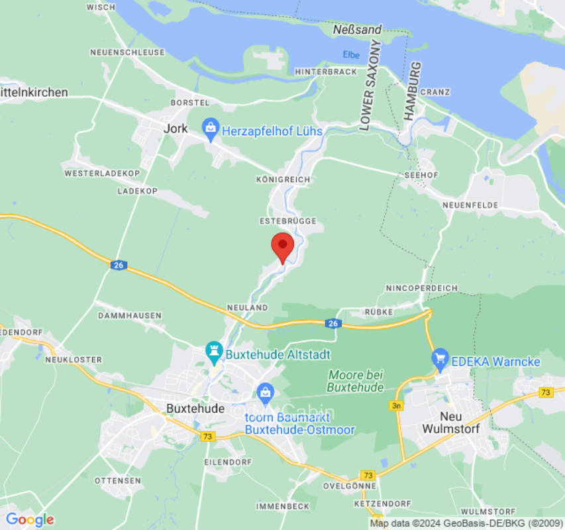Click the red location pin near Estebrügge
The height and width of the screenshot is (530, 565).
pyautogui.click(x=283, y=246)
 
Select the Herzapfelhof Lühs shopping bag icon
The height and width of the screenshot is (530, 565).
pyautogui.click(x=211, y=130)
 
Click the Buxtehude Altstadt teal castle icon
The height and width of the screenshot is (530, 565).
pyautogui.click(x=214, y=353)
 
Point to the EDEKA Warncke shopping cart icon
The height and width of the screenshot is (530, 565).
pyautogui.click(x=440, y=361)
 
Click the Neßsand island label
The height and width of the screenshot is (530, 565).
pyautogui.click(x=358, y=29)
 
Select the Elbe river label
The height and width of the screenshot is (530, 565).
pyautogui.click(x=351, y=54)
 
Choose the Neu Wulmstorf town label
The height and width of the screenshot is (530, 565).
pyautogui.click(x=450, y=422)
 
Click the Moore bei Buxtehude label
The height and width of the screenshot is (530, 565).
pyautogui.click(x=356, y=381)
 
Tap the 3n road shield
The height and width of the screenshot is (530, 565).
pyautogui.click(x=397, y=405)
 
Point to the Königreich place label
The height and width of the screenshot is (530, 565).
pyautogui.click(x=283, y=180)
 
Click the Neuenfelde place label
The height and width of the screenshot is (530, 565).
pyautogui.click(x=470, y=205)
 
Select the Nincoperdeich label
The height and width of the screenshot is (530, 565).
pyautogui.click(x=421, y=288)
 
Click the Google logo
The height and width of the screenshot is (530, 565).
pyautogui.click(x=29, y=519)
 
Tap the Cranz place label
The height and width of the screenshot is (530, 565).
pyautogui.click(x=435, y=92)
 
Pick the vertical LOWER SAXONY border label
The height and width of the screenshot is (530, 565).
pyautogui.click(x=367, y=85)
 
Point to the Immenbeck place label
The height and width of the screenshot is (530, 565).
pyautogui.click(x=283, y=506)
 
